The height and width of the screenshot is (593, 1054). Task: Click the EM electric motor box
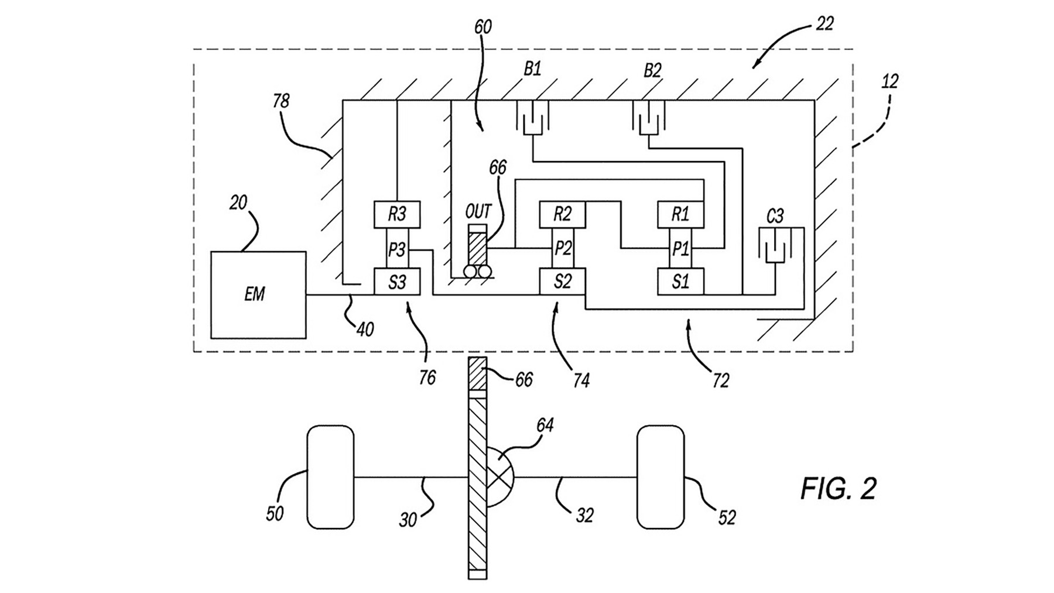258,294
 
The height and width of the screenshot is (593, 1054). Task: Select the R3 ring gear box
397,215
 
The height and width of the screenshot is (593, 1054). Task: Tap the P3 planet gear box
397,250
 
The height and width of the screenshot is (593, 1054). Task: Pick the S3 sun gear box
397,282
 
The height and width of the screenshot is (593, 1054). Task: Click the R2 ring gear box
562,215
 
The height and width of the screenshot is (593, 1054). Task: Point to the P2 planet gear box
562,249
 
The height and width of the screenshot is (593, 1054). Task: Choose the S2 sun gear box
562,282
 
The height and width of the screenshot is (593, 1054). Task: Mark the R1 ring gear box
680,215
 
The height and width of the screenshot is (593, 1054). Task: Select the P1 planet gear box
680,249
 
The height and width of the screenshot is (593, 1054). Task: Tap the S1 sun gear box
680,282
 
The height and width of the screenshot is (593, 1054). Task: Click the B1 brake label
532,70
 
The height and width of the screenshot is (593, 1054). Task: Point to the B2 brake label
652,71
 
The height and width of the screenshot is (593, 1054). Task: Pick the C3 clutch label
774,217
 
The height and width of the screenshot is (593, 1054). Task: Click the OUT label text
478,211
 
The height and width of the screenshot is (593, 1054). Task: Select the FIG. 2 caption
838,489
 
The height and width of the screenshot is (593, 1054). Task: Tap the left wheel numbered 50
330,477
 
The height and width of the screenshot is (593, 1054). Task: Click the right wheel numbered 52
661,477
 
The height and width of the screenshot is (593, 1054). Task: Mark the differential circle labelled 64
498,477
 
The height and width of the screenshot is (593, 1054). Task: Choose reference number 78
281,101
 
